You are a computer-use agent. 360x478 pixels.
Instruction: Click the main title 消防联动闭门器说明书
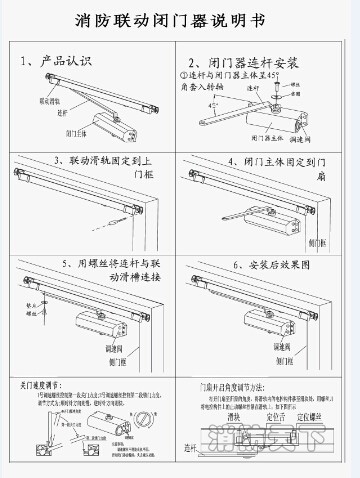(180, 21)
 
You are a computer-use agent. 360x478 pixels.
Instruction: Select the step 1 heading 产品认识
(74, 62)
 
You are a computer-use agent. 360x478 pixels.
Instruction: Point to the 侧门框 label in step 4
(317, 242)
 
